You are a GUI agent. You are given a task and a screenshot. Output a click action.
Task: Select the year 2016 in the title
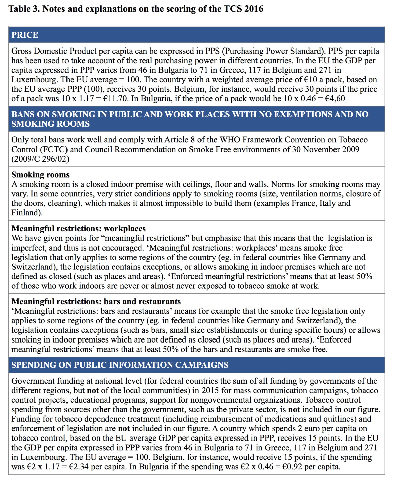click(254, 9)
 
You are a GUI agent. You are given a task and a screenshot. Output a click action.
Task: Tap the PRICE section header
click(25, 35)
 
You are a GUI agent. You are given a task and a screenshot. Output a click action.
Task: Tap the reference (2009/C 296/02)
click(40, 159)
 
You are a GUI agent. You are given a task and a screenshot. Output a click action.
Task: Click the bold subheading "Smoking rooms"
click(40, 175)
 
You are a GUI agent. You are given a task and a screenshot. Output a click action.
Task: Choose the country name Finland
click(25, 213)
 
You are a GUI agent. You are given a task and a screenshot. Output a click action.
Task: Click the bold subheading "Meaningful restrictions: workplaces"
click(79, 229)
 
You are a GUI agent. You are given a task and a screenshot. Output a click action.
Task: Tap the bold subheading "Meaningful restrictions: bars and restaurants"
click(96, 302)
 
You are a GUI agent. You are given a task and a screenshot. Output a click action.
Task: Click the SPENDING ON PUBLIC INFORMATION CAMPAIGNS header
click(120, 365)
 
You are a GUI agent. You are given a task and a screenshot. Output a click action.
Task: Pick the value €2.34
click(79, 467)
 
